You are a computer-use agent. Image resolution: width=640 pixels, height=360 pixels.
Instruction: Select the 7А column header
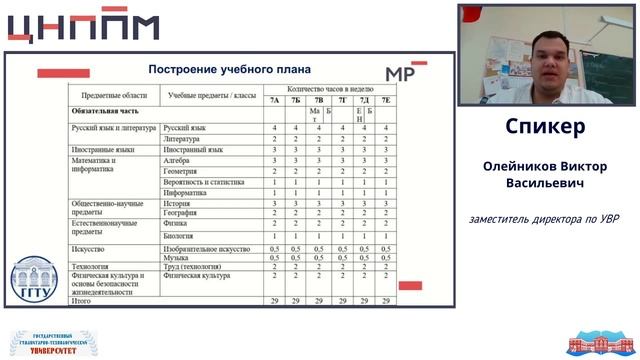coord(275,100)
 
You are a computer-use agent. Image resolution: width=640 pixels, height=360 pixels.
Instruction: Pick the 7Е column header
coord(386,100)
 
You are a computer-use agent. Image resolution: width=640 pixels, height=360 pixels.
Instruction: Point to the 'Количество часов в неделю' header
coord(329,89)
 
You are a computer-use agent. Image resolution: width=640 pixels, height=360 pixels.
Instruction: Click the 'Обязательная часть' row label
coord(102,112)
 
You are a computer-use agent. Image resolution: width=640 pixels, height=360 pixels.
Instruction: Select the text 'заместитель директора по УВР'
coord(545,219)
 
